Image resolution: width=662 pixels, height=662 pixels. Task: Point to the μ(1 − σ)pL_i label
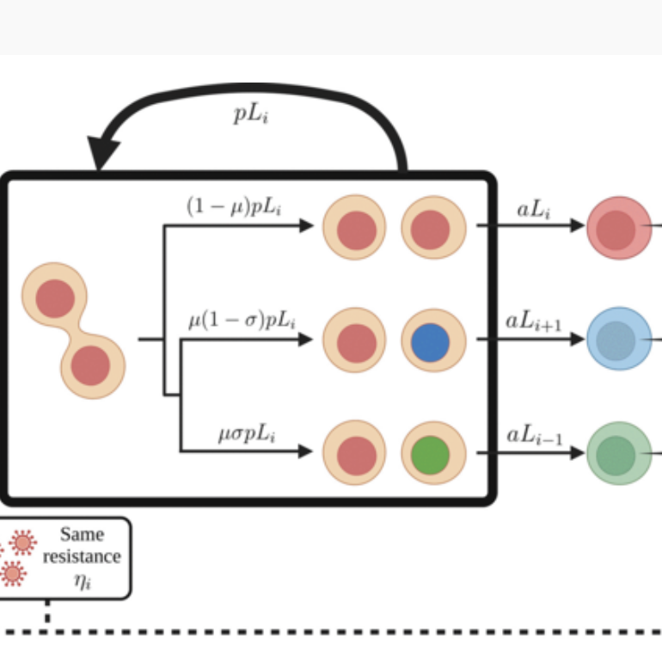click(242, 322)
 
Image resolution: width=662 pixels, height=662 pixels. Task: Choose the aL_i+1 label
click(533, 322)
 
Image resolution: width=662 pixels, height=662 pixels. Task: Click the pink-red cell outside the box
click(617, 228)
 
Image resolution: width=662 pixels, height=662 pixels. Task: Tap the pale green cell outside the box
click(617, 453)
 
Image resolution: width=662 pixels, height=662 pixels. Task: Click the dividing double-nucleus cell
click(73, 331)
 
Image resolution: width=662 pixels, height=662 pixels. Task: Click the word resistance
click(82, 555)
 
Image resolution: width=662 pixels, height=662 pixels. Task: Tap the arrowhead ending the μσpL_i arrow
click(303, 451)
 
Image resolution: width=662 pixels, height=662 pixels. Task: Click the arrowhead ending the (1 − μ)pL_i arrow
click(306, 226)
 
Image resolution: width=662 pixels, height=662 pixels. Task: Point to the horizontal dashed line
click(344, 633)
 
